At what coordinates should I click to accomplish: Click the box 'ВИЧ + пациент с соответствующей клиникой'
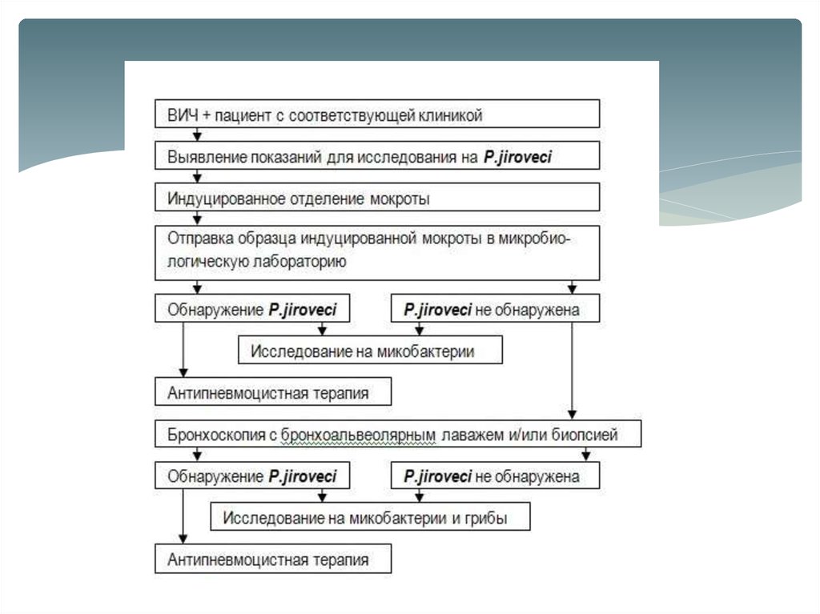pos(376,114)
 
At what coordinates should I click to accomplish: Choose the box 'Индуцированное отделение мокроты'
pos(376,197)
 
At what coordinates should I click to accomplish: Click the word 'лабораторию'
pos(301,260)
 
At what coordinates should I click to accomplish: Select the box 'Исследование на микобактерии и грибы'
pos(370,517)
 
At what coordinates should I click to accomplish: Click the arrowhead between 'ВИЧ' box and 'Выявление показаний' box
pos(198,135)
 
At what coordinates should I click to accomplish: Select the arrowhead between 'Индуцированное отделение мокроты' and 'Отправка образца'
pos(198,218)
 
